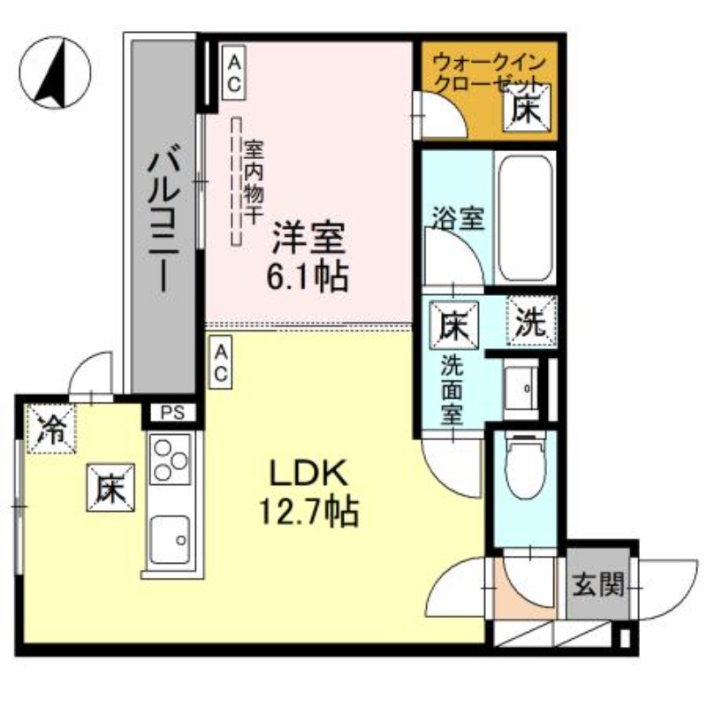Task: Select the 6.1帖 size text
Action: (308, 277)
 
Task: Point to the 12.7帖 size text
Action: (308, 510)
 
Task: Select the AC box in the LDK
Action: (221, 363)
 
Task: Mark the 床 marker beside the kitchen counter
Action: (109, 488)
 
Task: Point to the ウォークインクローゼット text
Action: (489, 75)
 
